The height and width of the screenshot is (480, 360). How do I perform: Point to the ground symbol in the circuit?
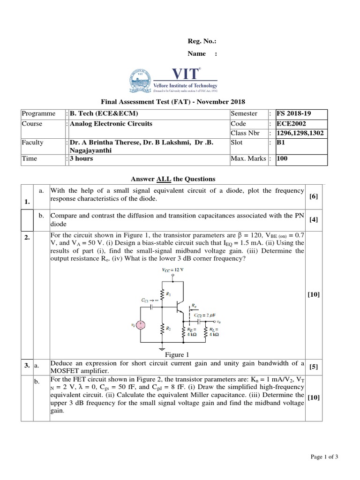(161, 348)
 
